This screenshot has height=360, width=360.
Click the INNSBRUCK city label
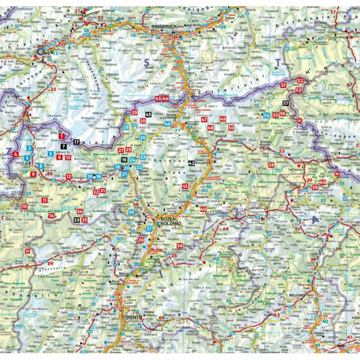[x=163, y=26]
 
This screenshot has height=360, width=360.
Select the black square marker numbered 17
[x=77, y=142]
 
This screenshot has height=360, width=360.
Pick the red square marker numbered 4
[x=16, y=154]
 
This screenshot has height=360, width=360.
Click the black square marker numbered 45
[x=148, y=115]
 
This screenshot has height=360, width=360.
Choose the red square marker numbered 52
[x=300, y=81]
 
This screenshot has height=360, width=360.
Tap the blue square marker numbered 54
[x=266, y=115]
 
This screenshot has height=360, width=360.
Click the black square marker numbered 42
[x=191, y=163]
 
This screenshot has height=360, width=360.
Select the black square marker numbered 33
[x=77, y=220]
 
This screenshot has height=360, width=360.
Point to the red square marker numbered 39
[x=180, y=246]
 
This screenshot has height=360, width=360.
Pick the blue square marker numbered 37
[x=149, y=229]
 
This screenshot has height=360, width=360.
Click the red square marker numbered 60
[x=323, y=182]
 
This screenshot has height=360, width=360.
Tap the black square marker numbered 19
[x=124, y=160]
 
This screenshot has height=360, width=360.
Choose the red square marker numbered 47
[x=204, y=120]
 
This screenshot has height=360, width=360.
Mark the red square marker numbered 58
[x=271, y=165]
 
